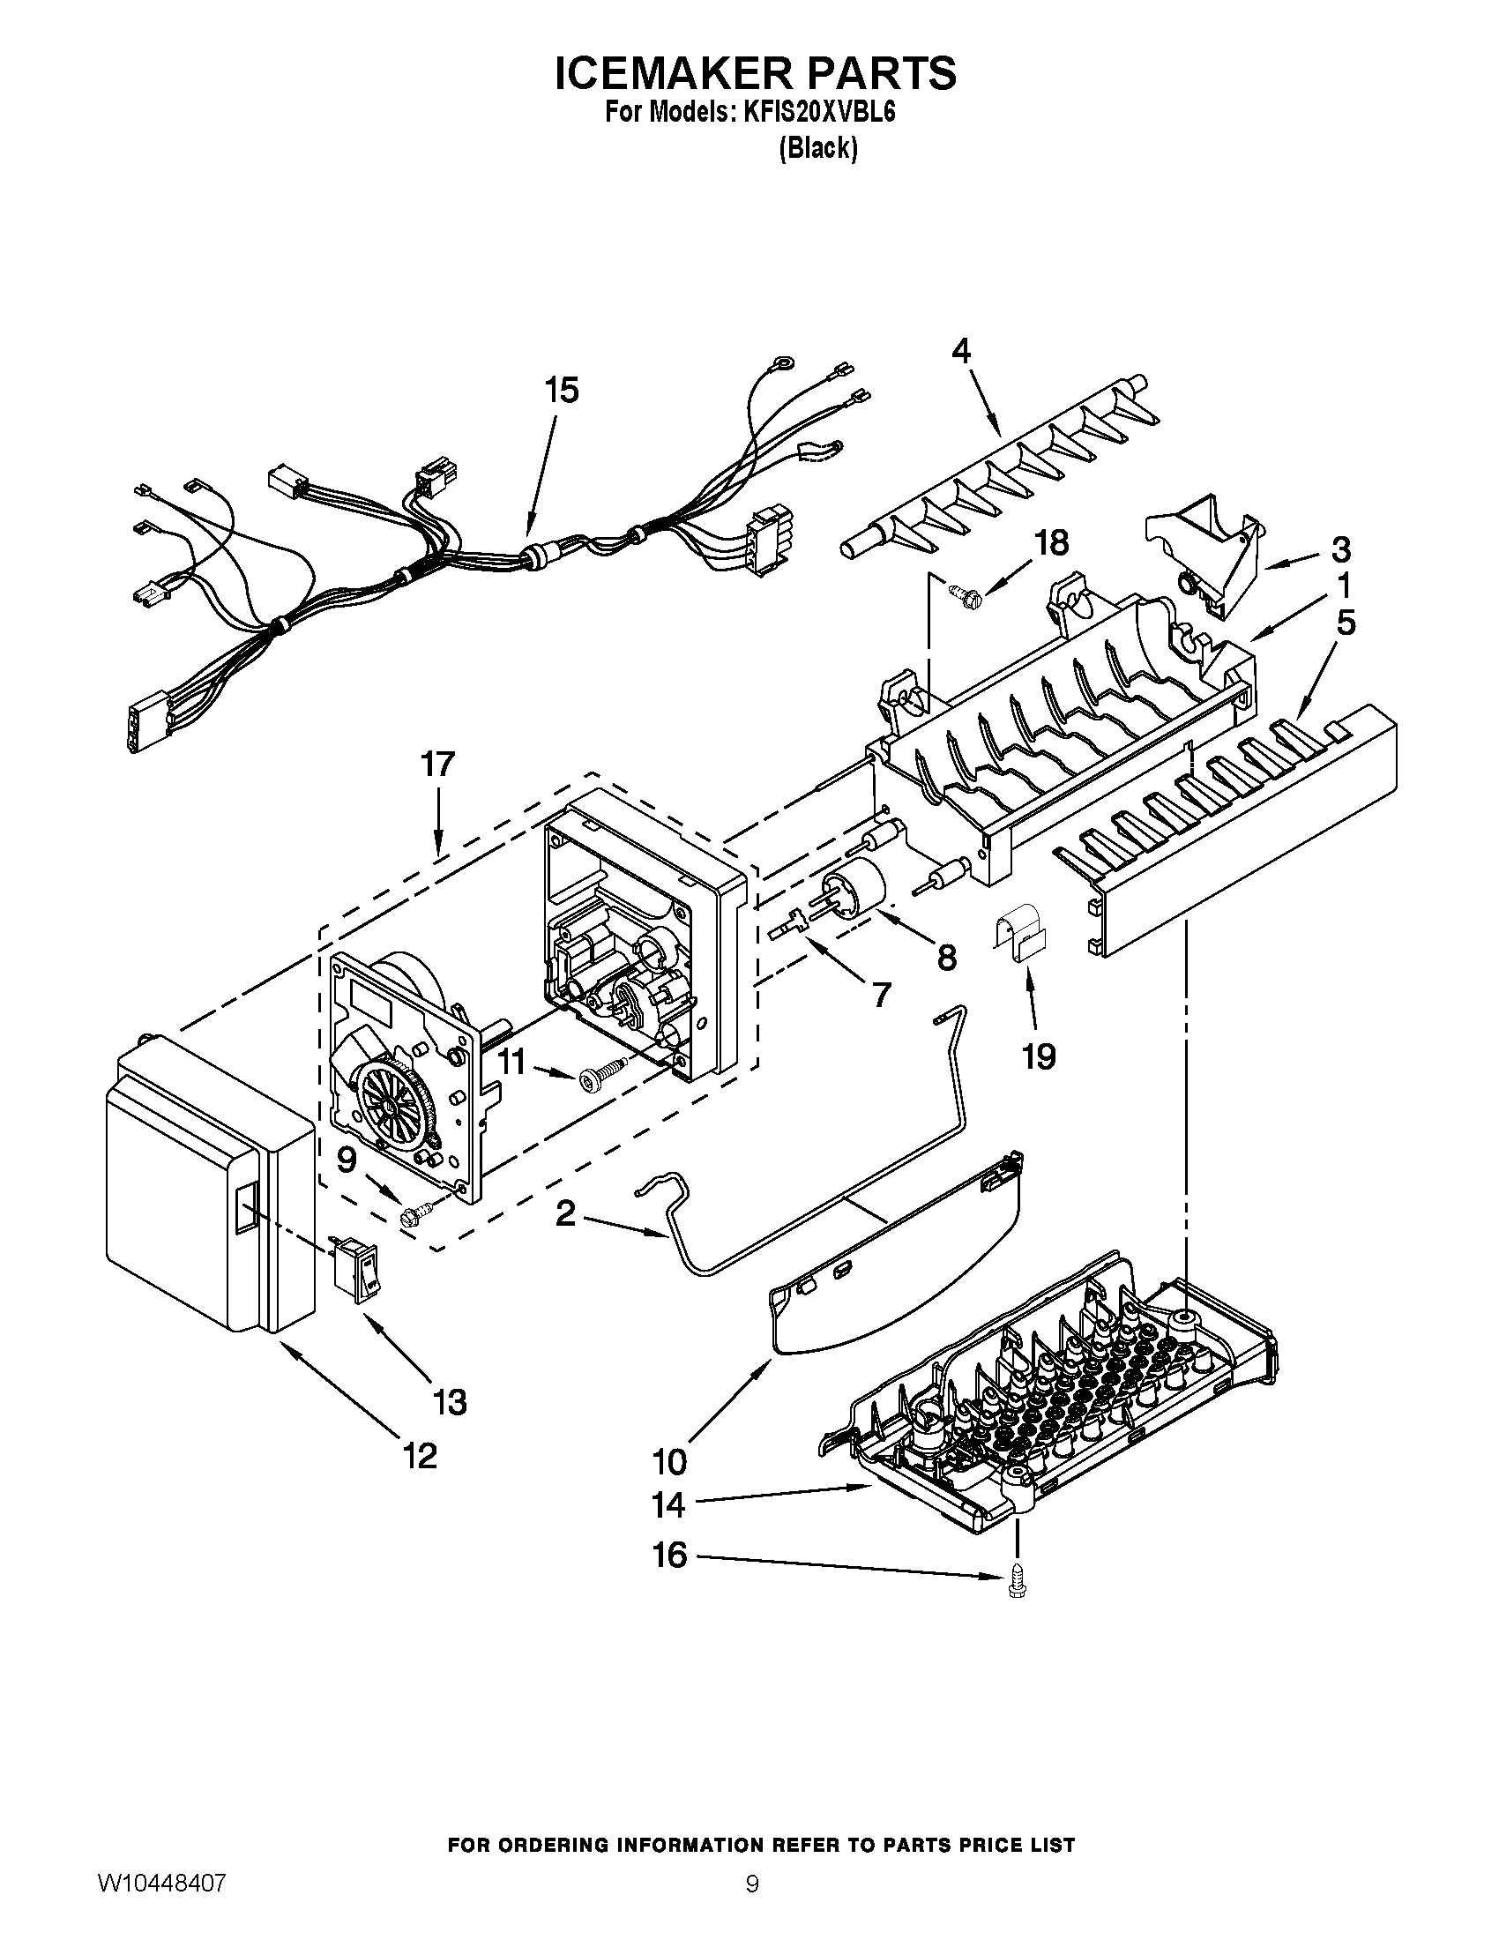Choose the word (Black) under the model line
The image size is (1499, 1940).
tap(818, 148)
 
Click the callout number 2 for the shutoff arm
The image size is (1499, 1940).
tap(565, 1214)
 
